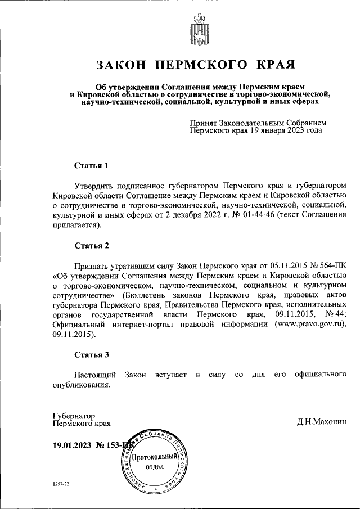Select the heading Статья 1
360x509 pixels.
click(91, 166)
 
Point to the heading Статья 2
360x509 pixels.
click(91, 245)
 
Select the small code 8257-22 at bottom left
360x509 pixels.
click(60, 484)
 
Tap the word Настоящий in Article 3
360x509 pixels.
click(95, 374)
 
